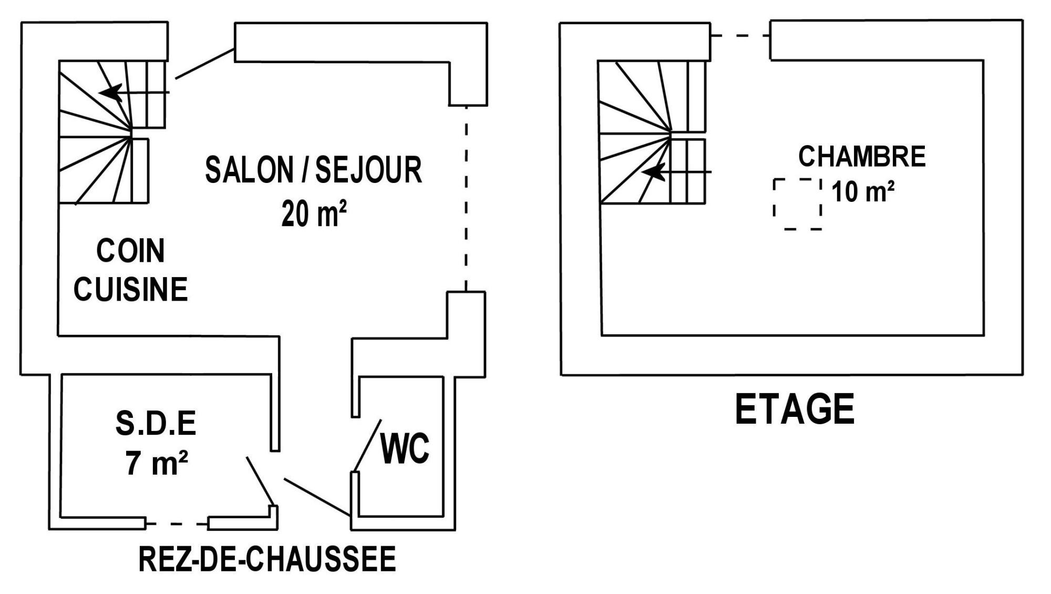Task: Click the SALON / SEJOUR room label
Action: (313, 170)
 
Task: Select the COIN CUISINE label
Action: (130, 270)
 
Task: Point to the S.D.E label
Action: (156, 424)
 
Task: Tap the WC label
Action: (405, 449)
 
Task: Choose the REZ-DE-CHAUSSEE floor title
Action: (267, 559)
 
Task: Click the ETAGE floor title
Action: (795, 409)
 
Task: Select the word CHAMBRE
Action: (862, 156)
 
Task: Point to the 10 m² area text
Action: (863, 191)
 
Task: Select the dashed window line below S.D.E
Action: (177, 524)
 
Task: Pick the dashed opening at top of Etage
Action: (740, 35)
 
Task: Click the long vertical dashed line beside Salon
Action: (467, 198)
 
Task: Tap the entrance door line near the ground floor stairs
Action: (205, 64)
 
